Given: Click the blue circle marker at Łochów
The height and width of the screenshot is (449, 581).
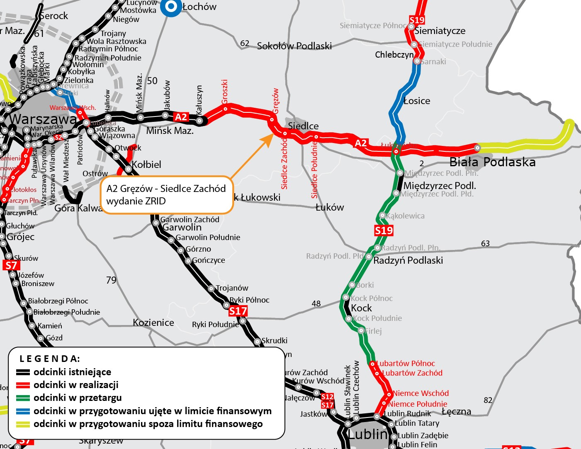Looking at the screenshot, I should pyautogui.click(x=171, y=7).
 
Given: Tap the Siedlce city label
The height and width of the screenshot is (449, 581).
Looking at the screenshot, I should pyautogui.click(x=303, y=126).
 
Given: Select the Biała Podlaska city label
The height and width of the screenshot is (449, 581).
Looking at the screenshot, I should pyautogui.click(x=492, y=162).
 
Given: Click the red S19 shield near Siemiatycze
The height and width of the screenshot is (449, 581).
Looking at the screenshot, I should pyautogui.click(x=417, y=20).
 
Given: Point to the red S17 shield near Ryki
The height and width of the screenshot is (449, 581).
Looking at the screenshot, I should pyautogui.click(x=238, y=311).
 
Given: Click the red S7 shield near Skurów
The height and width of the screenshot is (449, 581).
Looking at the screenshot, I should pyautogui.click(x=11, y=265).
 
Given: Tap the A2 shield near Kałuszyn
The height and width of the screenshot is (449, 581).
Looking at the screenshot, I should pyautogui.click(x=181, y=117).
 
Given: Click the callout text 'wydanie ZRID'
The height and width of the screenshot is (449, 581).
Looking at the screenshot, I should pyautogui.click(x=136, y=201).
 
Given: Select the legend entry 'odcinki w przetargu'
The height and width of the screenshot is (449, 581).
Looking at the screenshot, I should pyautogui.click(x=78, y=398).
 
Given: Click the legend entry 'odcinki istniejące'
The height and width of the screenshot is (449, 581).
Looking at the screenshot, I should pyautogui.click(x=72, y=372).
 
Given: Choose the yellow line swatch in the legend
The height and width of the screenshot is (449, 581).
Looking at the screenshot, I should pyautogui.click(x=23, y=424).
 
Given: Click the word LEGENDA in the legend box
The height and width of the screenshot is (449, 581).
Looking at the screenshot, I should pyautogui.click(x=50, y=359).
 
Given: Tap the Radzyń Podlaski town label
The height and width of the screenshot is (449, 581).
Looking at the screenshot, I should pyautogui.click(x=408, y=260).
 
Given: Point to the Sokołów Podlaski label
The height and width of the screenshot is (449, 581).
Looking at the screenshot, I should pyautogui.click(x=294, y=46).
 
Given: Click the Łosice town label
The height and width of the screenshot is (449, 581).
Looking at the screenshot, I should pyautogui.click(x=417, y=101).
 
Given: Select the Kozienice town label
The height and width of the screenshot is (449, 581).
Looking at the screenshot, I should pyautogui.click(x=153, y=323).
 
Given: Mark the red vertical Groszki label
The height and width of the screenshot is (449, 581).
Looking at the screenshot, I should pyautogui.click(x=225, y=92).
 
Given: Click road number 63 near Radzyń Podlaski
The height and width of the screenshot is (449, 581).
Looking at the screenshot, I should pyautogui.click(x=485, y=243).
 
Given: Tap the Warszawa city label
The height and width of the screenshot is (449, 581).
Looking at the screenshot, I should pyautogui.click(x=42, y=119).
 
